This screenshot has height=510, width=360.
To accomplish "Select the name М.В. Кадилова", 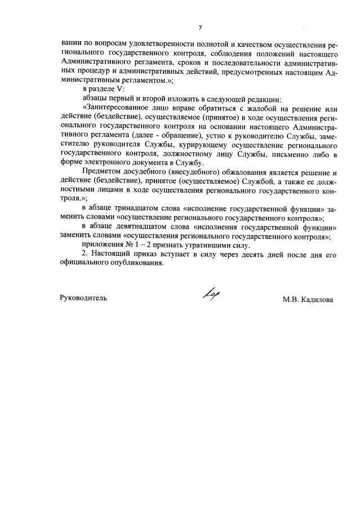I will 308,300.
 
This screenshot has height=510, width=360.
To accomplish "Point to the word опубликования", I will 136,264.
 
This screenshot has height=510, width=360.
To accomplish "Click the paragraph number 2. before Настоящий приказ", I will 85,255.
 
